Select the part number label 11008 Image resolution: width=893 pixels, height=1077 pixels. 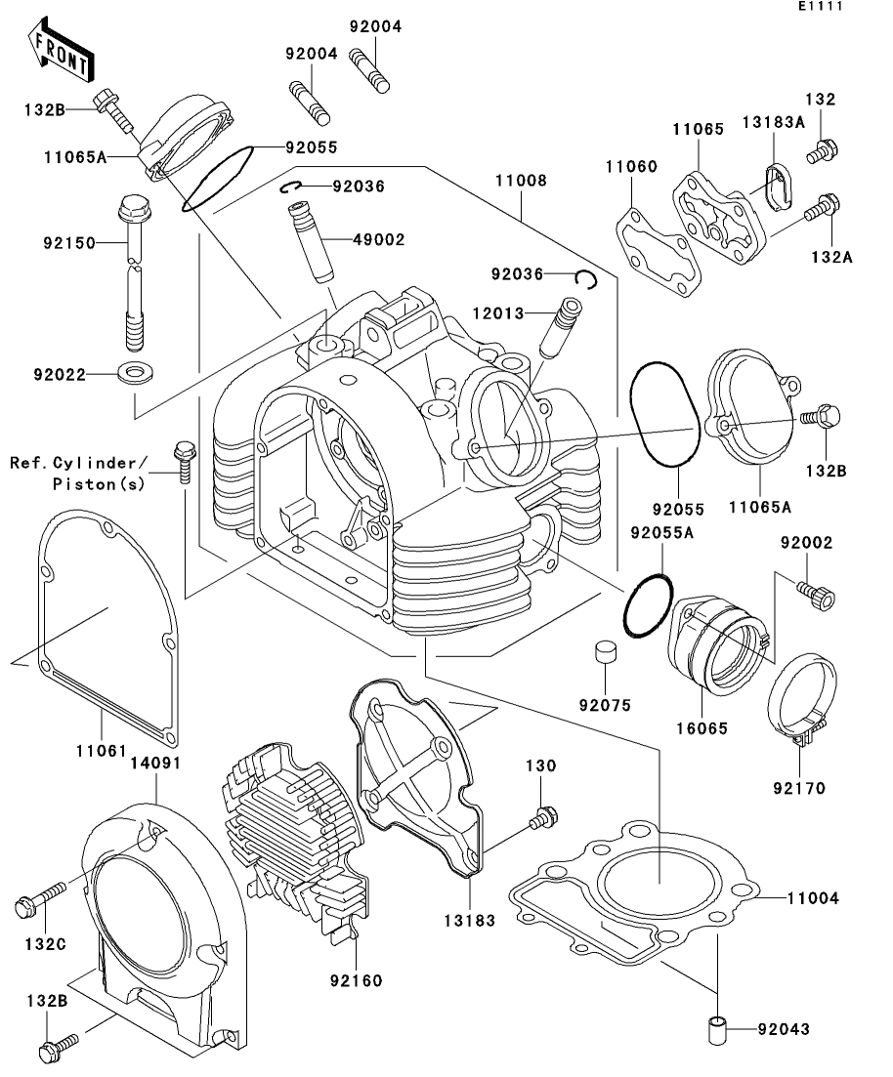click(520, 181)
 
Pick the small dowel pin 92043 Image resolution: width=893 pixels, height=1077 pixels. click(719, 1028)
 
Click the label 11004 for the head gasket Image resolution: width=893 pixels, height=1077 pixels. click(812, 896)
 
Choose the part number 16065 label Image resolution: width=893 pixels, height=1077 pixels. click(703, 727)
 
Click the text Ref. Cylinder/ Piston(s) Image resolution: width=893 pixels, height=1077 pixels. click(80, 472)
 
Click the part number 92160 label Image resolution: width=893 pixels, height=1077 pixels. click(356, 979)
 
